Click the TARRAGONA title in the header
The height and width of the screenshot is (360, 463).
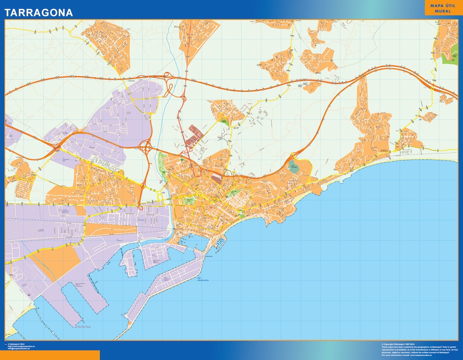click(x=39, y=13)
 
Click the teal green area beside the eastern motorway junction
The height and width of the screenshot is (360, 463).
click(x=294, y=167)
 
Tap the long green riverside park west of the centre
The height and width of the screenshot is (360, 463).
click(x=163, y=161)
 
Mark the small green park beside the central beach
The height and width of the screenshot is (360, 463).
click(x=242, y=213)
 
